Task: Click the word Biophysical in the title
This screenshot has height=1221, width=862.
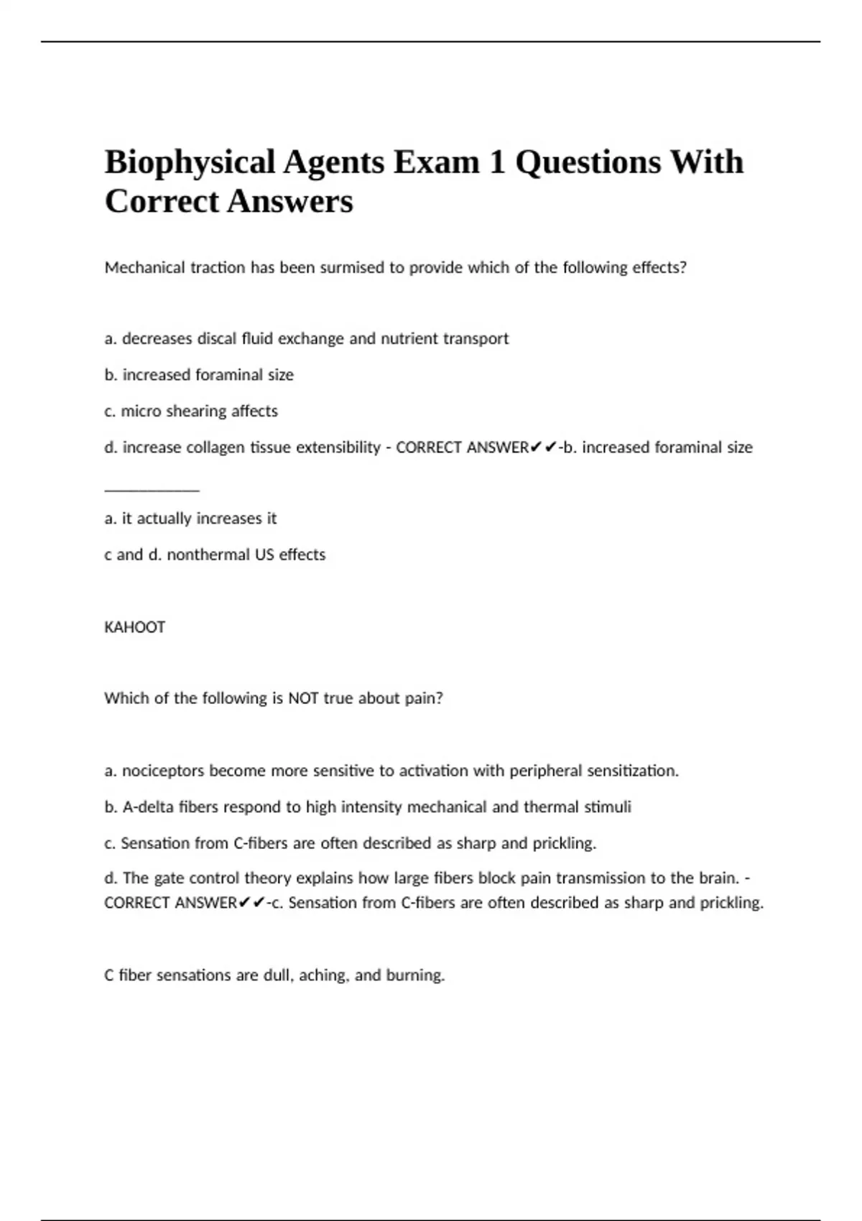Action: coord(190,163)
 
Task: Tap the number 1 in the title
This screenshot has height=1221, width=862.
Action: coord(496,162)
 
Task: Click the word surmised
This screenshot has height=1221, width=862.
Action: coord(351,268)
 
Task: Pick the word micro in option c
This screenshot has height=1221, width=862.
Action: coord(141,412)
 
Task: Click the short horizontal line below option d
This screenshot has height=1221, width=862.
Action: coord(152,491)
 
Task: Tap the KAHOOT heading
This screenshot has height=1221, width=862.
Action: coord(135,627)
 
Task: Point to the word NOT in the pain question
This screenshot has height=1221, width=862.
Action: coord(303,698)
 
